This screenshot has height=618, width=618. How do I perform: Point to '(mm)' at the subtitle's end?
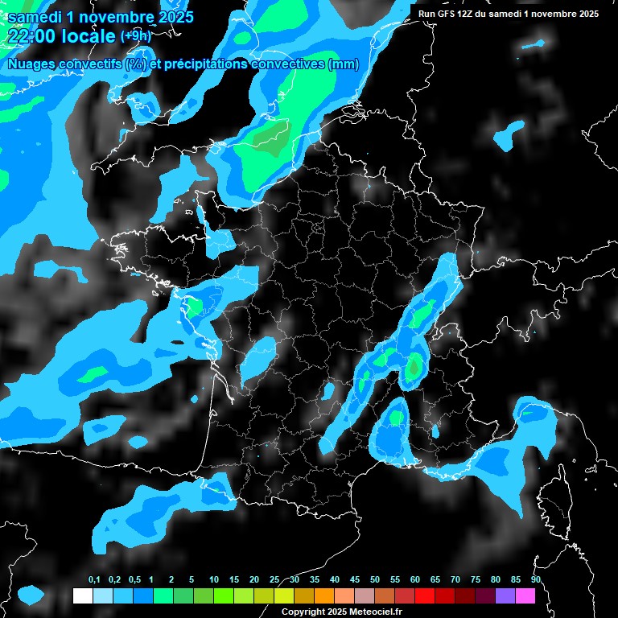(344, 64)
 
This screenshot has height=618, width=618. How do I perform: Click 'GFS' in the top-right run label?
(447, 14)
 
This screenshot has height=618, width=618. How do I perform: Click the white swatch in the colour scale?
(82, 596)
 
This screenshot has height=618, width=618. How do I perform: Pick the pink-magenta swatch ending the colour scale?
(525, 596)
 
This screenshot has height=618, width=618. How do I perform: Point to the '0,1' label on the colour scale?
(94, 580)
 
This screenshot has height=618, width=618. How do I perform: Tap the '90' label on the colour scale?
(536, 580)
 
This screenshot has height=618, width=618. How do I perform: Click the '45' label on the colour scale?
(355, 580)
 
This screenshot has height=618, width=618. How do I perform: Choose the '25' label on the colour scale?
(274, 580)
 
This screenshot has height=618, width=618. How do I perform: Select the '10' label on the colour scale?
(214, 580)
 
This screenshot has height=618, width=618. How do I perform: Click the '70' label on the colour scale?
(455, 580)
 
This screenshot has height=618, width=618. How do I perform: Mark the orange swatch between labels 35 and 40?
(324, 596)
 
